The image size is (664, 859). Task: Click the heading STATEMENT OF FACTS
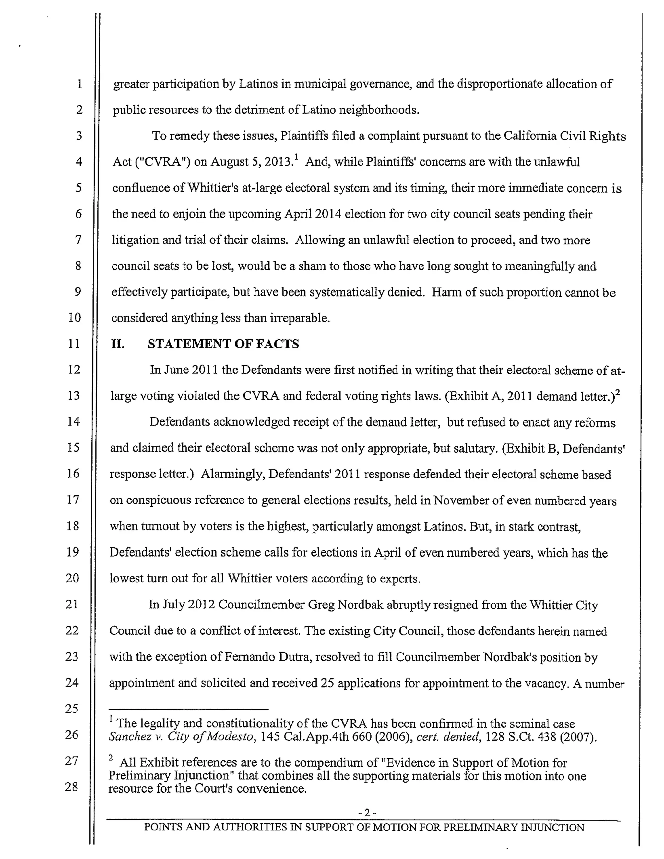coord(223,344)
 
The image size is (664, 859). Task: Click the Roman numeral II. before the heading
coord(118,344)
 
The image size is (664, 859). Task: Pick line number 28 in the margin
coord(72,787)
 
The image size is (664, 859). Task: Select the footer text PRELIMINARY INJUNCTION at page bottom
coord(514,827)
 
